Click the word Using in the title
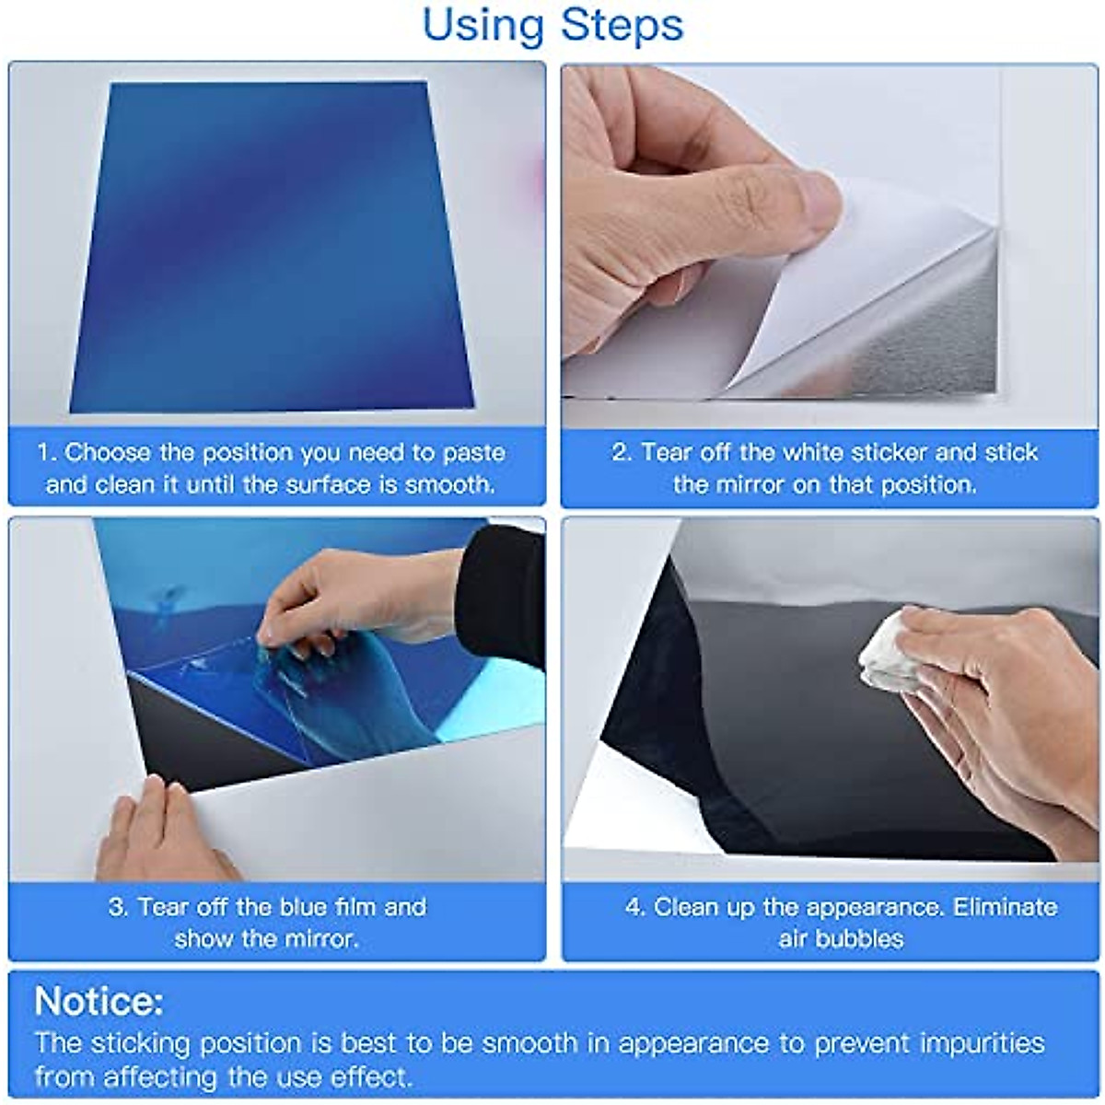[x=481, y=25]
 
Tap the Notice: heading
[x=99, y=1001]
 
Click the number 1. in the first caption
[x=48, y=453]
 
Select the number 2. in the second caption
[x=622, y=453]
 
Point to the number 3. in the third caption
[x=119, y=907]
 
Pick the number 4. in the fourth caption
[x=636, y=907]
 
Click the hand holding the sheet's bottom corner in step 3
[x=157, y=833]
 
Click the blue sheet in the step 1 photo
[x=272, y=249]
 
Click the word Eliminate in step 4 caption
[x=1006, y=907]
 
